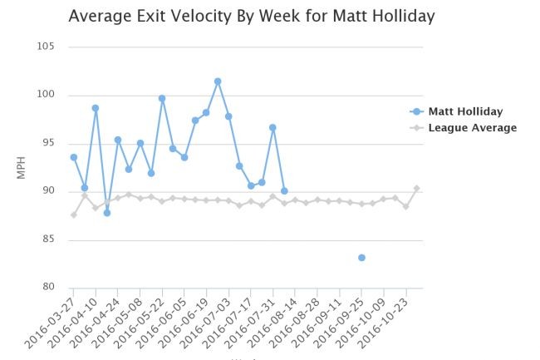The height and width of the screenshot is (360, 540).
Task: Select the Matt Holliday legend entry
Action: pyautogui.click(x=465, y=111)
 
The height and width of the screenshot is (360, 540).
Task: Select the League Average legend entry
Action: pyautogui.click(x=471, y=128)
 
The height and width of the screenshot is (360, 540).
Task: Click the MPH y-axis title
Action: pyautogui.click(x=23, y=167)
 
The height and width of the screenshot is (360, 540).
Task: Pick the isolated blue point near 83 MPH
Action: pyautogui.click(x=361, y=258)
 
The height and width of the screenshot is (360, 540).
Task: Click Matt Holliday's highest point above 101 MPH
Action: pyautogui.click(x=218, y=81)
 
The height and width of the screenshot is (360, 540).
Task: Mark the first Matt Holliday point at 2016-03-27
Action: pyautogui.click(x=74, y=157)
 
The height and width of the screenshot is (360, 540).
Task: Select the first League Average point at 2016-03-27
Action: pyautogui.click(x=74, y=215)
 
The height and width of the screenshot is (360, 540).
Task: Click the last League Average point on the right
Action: pyautogui.click(x=417, y=189)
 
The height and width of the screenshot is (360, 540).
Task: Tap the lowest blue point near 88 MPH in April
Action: pyautogui.click(x=107, y=213)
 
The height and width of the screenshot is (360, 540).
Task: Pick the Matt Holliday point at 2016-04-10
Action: pyautogui.click(x=96, y=108)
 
